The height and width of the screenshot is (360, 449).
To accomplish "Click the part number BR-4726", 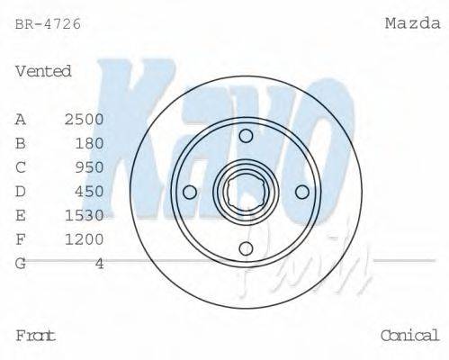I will (x=48, y=24).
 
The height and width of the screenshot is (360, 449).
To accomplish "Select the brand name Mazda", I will (x=412, y=23).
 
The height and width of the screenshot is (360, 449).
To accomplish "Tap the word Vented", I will (x=43, y=71).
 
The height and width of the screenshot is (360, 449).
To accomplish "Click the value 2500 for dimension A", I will (x=84, y=119).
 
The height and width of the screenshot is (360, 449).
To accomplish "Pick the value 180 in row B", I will (x=89, y=143).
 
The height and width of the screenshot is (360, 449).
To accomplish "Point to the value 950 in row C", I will (x=89, y=167).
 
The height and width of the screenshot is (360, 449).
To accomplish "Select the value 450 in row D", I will (x=89, y=191).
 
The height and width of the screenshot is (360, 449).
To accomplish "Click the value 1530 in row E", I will (x=84, y=215).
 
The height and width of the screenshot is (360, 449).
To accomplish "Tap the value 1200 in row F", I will (x=84, y=238).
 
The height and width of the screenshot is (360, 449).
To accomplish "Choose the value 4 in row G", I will (x=100, y=263).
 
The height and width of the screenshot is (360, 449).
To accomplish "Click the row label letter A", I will (x=21, y=119).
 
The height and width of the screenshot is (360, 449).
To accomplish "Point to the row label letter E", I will (x=21, y=215).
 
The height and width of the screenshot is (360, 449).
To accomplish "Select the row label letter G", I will (x=21, y=263).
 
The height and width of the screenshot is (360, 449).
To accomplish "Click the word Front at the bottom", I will (x=36, y=336).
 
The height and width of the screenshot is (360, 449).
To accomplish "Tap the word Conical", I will (x=409, y=336).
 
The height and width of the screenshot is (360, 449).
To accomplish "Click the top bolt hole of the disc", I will (x=246, y=135).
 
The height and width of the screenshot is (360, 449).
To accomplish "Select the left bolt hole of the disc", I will (x=189, y=192).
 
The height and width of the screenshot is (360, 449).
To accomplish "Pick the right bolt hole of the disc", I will (x=302, y=192).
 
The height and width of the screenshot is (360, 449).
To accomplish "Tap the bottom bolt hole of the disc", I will (x=246, y=248).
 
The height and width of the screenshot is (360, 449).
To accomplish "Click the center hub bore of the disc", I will (x=246, y=192).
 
